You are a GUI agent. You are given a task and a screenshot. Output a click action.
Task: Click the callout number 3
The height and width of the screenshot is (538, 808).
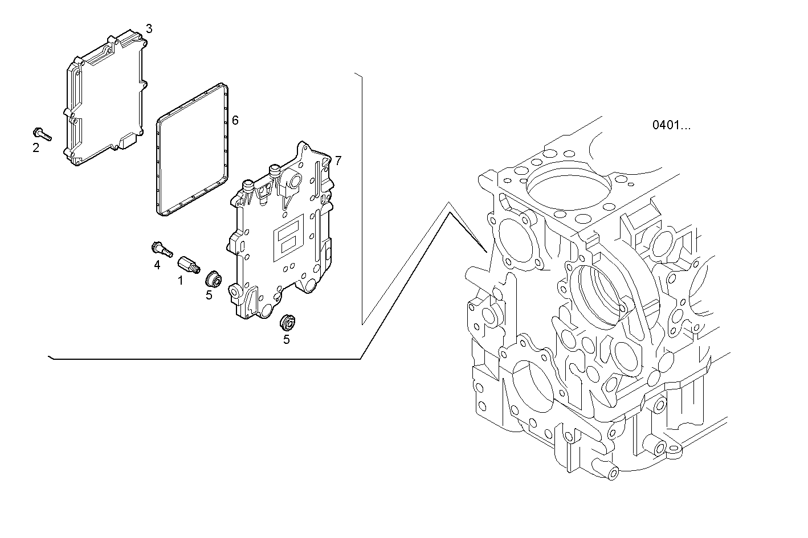click(149, 28)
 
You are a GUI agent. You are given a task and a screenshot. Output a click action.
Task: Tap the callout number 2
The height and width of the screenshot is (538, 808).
click(36, 148)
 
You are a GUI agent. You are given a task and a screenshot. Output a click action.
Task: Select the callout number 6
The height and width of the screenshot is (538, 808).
click(235, 120)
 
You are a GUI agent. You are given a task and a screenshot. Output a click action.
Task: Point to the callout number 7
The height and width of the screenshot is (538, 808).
click(338, 161)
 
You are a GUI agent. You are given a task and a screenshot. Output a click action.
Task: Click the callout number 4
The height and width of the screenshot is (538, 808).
click(157, 265)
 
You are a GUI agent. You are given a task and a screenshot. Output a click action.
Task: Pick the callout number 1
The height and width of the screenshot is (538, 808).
click(180, 280)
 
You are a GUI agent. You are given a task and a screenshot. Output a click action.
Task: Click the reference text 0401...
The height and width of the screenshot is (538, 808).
click(671, 125)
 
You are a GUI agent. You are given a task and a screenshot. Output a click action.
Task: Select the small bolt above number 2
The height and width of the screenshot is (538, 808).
click(42, 134)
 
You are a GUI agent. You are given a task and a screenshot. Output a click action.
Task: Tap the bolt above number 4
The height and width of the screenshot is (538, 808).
click(161, 249)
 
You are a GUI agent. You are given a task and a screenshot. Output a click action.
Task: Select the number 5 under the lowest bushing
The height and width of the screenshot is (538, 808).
click(287, 340)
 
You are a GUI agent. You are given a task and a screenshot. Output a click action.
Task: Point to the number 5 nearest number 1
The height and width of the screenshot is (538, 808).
click(209, 295)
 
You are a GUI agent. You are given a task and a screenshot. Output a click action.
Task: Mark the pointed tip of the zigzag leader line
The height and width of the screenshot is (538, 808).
click(485, 251)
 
